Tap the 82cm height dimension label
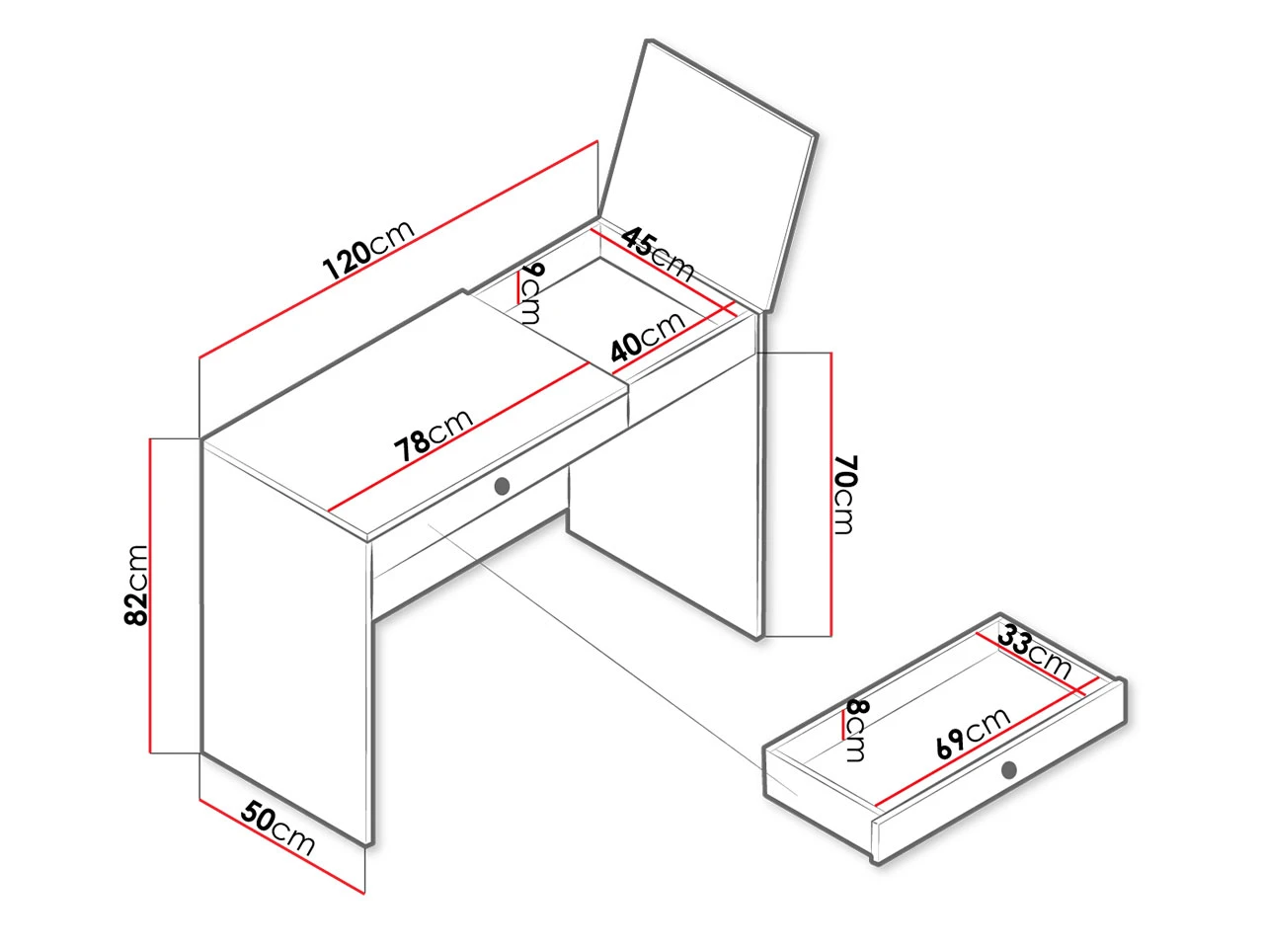pos(136,585)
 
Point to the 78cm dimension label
pos(434,434)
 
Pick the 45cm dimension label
pos(658,253)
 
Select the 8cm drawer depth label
pos(856,731)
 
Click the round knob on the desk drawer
pos(502,486)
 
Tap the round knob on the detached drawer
pos(1008,769)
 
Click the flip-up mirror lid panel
pos(709,173)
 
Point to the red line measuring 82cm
pos(150,595)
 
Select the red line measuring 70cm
pos(830,495)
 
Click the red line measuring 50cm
pos(281,846)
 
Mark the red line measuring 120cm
pos(398,250)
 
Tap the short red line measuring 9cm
pos(518,287)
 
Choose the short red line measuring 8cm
pos(843,724)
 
